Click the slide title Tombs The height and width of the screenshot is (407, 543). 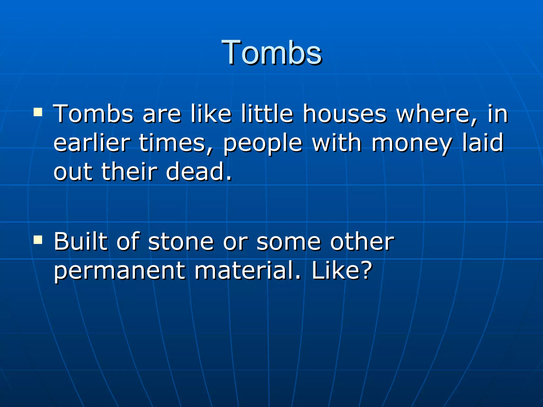pyautogui.click(x=271, y=52)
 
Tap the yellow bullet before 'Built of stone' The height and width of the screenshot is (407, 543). pyautogui.click(x=38, y=240)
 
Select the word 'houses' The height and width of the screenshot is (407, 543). pyautogui.click(x=345, y=114)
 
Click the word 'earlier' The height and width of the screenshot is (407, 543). pyautogui.click(x=92, y=143)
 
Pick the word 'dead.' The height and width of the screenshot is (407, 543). pyautogui.click(x=199, y=172)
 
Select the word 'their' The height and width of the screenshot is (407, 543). pyautogui.click(x=129, y=172)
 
